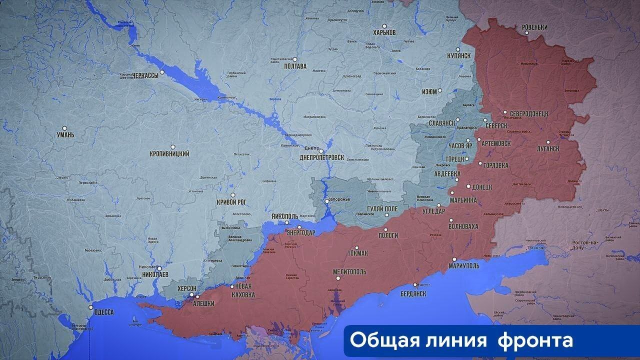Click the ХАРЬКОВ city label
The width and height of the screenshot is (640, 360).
(x=384, y=32)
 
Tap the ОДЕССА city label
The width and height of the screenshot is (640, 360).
(x=103, y=312)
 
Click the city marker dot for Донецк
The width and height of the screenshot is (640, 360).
(x=468, y=186)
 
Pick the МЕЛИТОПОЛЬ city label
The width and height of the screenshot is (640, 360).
(x=349, y=272)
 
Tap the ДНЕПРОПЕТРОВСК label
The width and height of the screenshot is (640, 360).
(x=321, y=157)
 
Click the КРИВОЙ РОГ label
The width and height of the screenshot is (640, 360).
(x=231, y=202)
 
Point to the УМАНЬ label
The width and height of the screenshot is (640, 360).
(x=65, y=135)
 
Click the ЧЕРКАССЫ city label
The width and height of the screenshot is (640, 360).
(x=145, y=75)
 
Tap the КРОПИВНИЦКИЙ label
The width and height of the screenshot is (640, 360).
(x=169, y=154)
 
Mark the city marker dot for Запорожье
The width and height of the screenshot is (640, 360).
(x=326, y=201)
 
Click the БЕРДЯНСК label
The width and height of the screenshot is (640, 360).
(x=413, y=294)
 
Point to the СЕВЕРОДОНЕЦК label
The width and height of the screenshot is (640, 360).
(x=525, y=114)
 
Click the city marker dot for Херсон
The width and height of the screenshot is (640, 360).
(x=190, y=295)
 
